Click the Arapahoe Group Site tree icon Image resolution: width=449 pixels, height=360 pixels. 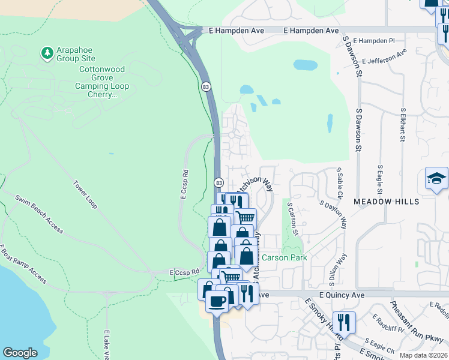point(47,53)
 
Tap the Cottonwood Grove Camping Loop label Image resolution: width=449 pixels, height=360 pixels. point(102,82)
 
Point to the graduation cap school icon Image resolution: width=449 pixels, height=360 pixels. point(436,178)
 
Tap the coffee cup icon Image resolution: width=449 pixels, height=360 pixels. point(217,301)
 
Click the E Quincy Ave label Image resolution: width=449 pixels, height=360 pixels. point(342,295)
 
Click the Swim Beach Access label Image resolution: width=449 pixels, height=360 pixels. point(39,214)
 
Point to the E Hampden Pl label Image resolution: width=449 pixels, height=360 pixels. point(374,41)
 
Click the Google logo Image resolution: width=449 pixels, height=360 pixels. point(20,353)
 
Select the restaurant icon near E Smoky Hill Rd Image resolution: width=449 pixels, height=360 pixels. point(344,322)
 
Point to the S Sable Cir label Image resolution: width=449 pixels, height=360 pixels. point(339,184)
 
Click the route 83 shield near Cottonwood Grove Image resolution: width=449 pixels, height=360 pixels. point(206,87)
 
